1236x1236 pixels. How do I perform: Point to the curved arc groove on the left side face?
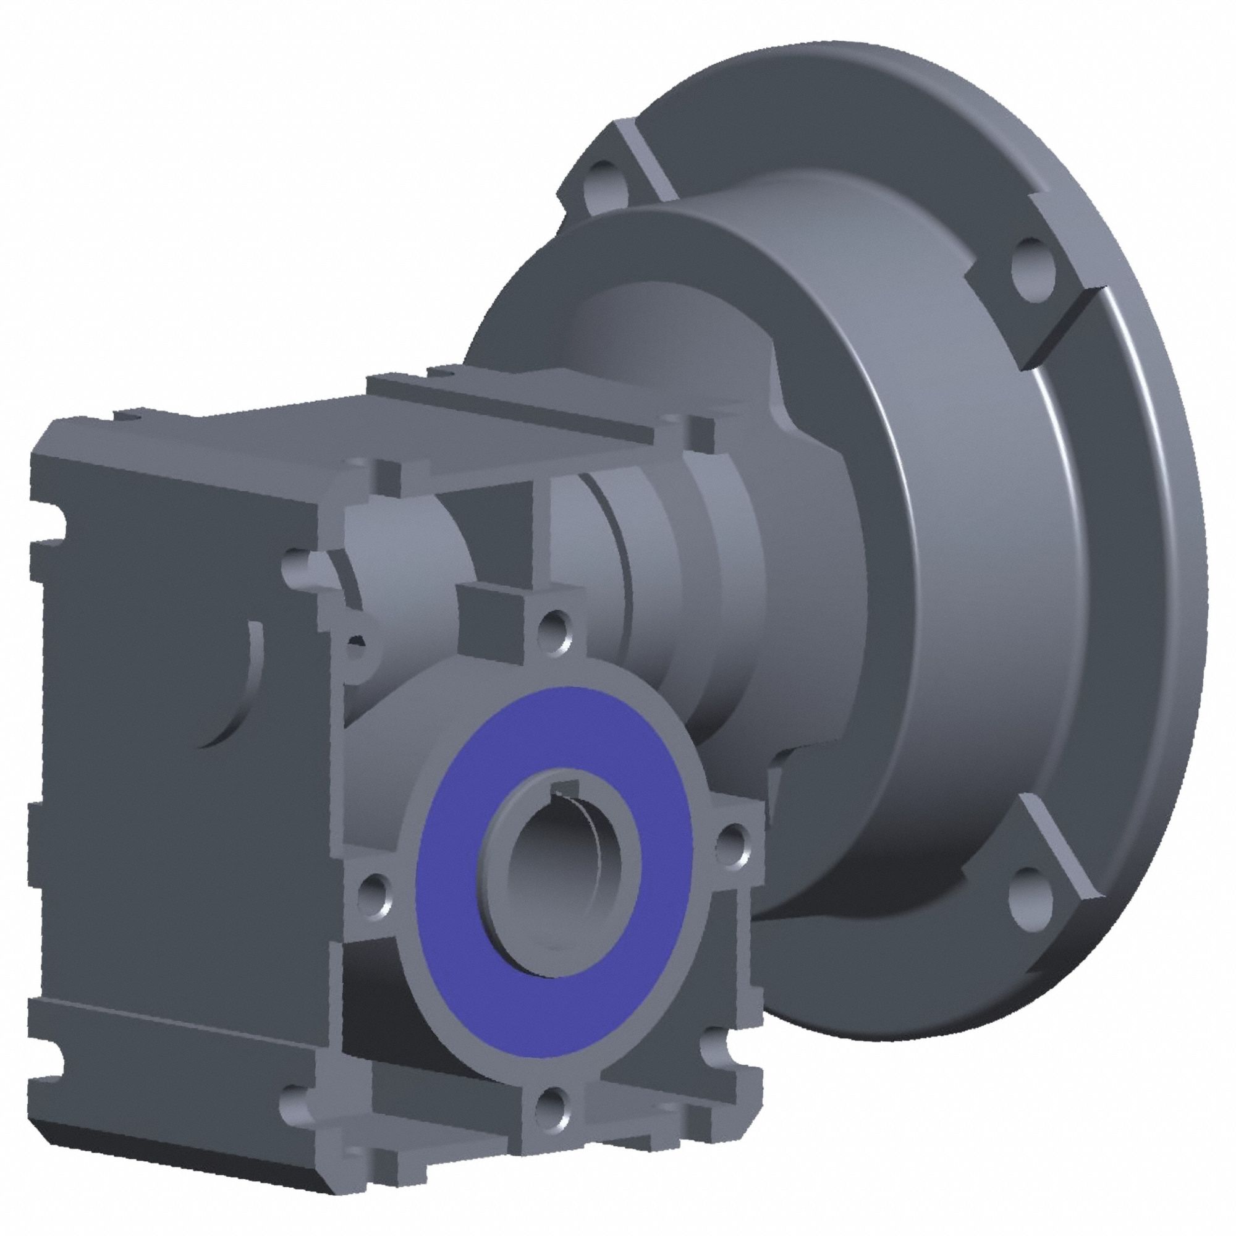(x=247, y=691)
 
